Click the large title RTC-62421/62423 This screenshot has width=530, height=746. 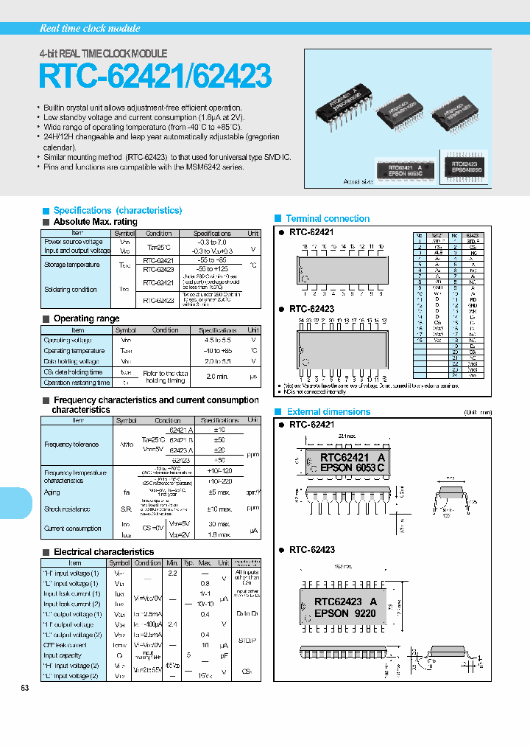point(155,77)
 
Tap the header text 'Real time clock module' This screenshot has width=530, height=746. point(89,28)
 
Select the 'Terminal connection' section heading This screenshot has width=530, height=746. point(328,218)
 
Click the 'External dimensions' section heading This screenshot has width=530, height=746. point(328,411)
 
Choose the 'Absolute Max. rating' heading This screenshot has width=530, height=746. point(95,222)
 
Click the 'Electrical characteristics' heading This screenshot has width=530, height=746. point(104,551)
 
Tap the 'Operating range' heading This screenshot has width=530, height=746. point(86,318)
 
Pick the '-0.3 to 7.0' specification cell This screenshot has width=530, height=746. point(211,242)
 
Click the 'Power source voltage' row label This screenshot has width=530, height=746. point(74,242)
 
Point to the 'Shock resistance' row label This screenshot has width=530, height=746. point(67,509)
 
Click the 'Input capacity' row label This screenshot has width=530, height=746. point(63,655)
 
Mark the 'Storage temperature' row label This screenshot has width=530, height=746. point(71,264)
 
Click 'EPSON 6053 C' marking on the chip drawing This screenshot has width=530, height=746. point(352,468)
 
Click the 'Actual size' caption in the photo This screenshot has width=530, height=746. point(358,181)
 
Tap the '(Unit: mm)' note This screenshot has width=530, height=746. point(478,412)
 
